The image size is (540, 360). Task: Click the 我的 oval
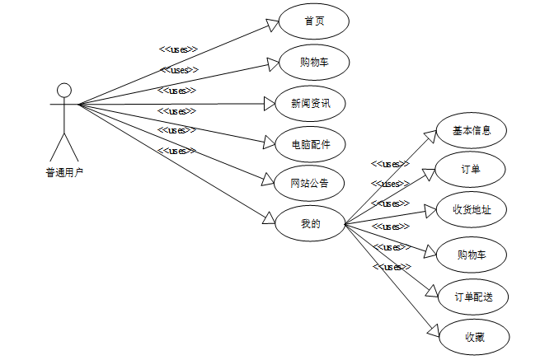pos(310,222)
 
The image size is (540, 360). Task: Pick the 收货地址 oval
pos(472,210)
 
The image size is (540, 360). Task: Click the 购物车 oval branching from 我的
pos(471,255)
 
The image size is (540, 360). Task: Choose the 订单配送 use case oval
pos(474,297)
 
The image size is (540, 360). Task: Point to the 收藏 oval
pos(474,336)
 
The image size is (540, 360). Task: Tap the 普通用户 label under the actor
pos(64,173)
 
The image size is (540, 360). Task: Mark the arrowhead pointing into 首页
pos(273,26)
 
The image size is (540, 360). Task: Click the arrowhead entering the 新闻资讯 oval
pos(268,104)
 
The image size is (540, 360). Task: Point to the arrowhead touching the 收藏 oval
pos(434,329)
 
